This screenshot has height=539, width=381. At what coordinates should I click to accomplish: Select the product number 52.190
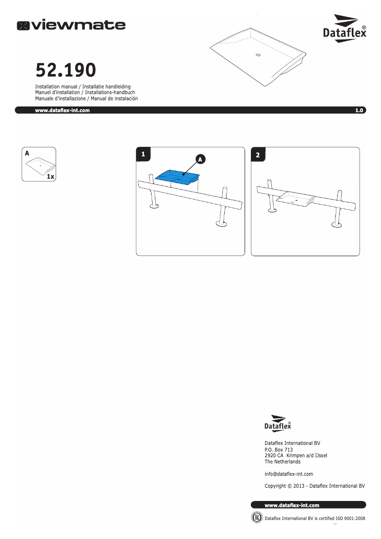pos(66,70)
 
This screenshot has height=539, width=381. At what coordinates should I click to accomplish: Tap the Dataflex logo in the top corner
pos(345,29)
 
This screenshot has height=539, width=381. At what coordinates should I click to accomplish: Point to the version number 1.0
pos(359,110)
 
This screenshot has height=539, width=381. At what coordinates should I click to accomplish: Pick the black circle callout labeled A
pos(201,160)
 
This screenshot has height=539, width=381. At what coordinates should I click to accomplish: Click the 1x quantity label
pos(51,176)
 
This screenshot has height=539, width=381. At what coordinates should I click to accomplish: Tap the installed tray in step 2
pos(296,199)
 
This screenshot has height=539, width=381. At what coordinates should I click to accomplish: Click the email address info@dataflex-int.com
pos(288,474)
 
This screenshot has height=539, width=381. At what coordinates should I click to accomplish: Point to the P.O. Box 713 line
pos(278,450)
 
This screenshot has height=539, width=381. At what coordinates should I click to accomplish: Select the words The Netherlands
pos(282,462)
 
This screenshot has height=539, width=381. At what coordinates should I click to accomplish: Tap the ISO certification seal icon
pos(256,518)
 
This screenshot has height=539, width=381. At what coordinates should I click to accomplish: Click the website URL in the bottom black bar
pos(292,505)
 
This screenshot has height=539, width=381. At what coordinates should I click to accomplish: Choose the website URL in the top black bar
pos(62,110)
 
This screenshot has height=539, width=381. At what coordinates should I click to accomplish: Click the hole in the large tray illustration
pos(257,55)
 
